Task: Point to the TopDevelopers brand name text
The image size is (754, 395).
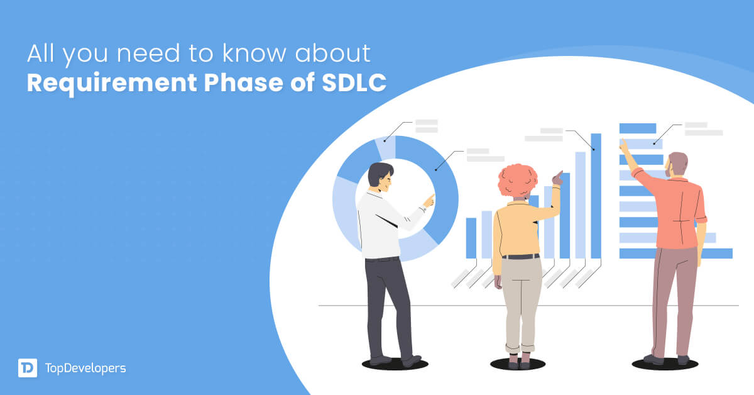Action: [85, 368]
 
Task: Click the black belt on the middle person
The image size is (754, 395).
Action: [520, 257]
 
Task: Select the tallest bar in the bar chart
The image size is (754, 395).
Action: [596, 195]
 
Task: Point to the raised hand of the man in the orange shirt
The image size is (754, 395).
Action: [623, 145]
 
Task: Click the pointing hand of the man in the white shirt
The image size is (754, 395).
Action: [429, 201]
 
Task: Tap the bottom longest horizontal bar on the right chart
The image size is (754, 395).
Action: [675, 253]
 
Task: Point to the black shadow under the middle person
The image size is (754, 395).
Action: [518, 364]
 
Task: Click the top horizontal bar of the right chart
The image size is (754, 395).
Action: [637, 128]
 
